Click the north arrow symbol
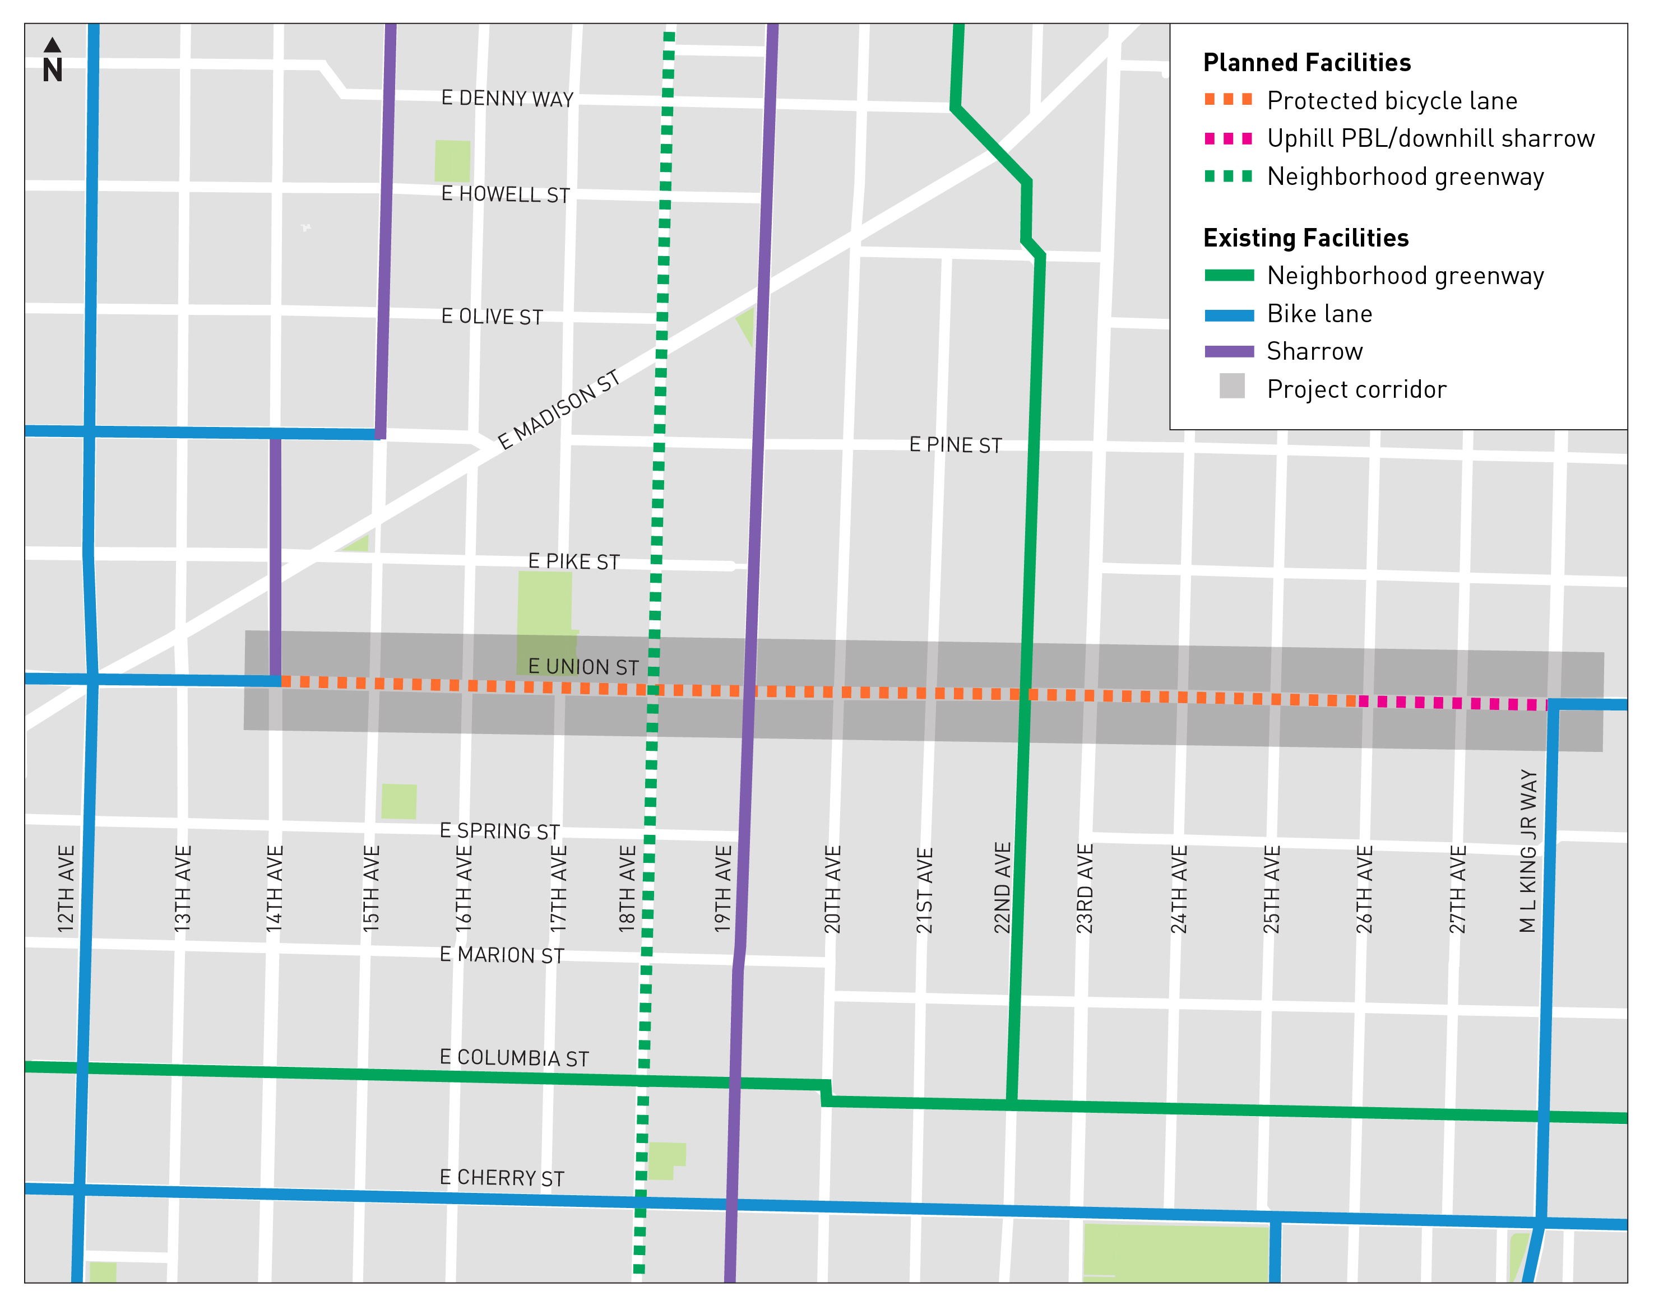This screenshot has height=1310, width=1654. [x=52, y=60]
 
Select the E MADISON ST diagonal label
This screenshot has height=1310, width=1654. [x=558, y=410]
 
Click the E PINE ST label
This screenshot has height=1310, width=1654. [x=955, y=445]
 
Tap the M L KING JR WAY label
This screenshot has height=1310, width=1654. [x=1528, y=851]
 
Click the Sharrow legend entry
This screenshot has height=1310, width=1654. [x=1314, y=351]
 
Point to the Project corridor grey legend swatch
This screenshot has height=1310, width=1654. [x=1231, y=386]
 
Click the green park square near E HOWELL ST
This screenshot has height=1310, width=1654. [x=453, y=160]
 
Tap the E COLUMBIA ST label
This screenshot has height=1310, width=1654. [x=514, y=1058]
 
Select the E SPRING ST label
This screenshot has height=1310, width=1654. [x=499, y=830]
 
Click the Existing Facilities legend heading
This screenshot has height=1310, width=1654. [x=1306, y=238]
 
